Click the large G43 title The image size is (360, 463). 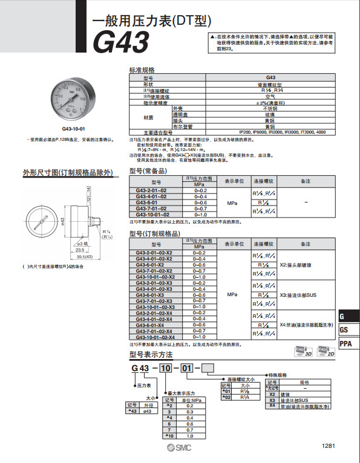point(120,43)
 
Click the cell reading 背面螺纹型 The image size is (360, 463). point(271,84)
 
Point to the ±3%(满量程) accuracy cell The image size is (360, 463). point(271,102)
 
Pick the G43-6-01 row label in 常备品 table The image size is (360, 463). point(147,202)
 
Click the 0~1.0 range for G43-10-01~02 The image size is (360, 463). point(200,215)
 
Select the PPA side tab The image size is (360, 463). point(346,344)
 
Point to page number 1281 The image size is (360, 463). point(328,446)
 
